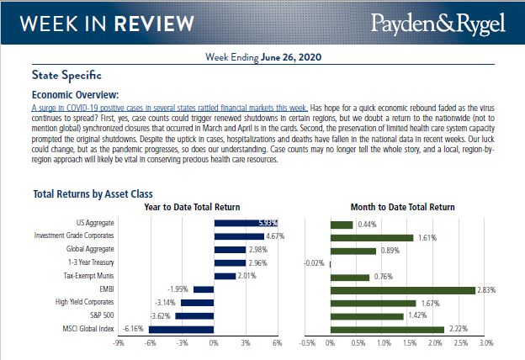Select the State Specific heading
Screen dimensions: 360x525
tap(66, 74)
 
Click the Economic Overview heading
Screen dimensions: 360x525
tap(75, 95)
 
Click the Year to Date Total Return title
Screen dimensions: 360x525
tap(192, 207)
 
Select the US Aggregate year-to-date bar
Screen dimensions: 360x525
tap(246, 224)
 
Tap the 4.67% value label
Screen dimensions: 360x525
tap(274, 237)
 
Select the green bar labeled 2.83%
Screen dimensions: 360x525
tap(403, 289)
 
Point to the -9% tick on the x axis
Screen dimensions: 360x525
tap(119, 343)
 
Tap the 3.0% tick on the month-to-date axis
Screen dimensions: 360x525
tap(485, 343)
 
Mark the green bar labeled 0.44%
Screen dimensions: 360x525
tap(342, 224)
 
